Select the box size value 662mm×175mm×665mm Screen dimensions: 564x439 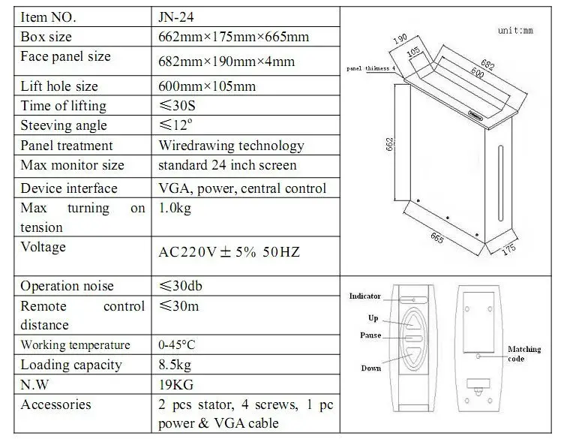(233, 36)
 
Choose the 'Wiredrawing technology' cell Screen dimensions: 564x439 (231, 145)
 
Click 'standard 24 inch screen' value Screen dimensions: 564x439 (227, 165)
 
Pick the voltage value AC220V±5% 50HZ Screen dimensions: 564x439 (229, 252)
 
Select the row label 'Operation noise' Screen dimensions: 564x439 (67, 286)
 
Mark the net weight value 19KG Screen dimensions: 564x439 (176, 384)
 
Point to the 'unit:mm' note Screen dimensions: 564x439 (515, 32)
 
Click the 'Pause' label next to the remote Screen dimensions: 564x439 (370, 335)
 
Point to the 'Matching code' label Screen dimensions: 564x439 (525, 354)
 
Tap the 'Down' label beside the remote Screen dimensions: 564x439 (370, 368)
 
